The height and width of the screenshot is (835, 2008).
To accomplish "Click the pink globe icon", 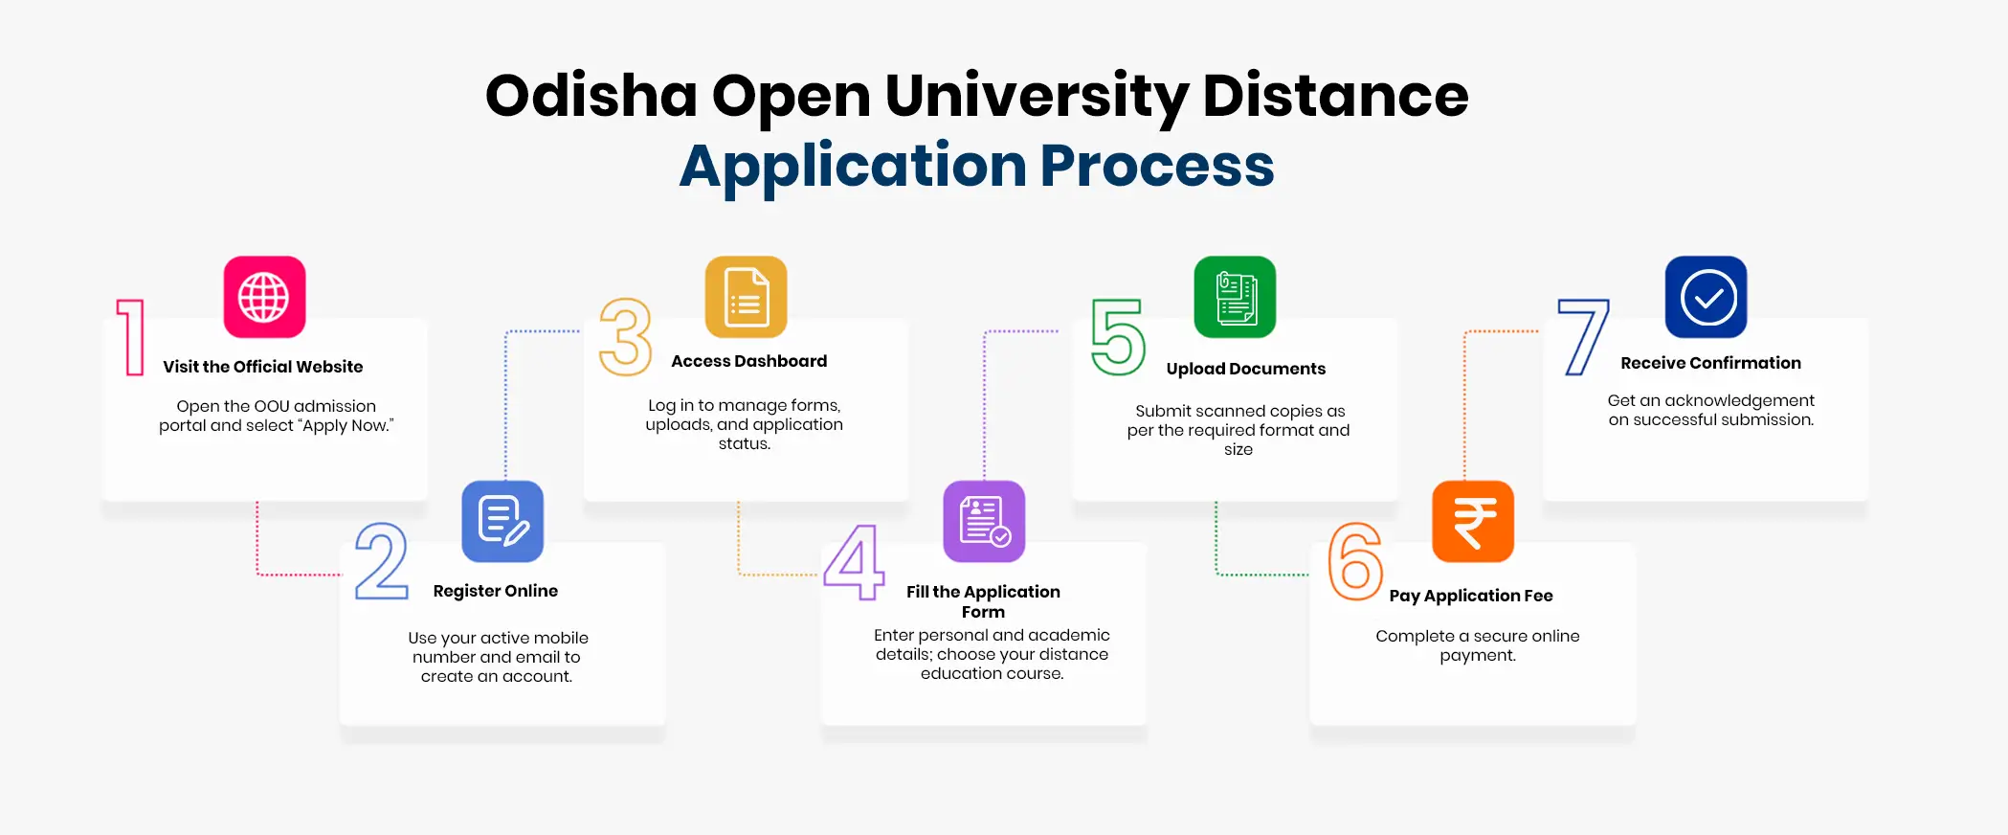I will click(x=264, y=297).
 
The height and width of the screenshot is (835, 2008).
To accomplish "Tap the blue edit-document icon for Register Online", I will click(x=502, y=521).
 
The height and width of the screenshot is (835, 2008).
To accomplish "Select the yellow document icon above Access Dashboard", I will click(x=746, y=297).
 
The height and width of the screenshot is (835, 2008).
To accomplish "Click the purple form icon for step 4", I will click(x=984, y=521).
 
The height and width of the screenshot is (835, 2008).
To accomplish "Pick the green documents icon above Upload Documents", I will click(x=1235, y=297).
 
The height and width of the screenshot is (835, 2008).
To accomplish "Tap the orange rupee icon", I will click(x=1473, y=521).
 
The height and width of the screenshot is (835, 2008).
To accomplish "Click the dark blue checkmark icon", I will click(x=1706, y=297).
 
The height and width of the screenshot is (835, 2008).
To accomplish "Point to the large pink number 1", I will click(x=132, y=337).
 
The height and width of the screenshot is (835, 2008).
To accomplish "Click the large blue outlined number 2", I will click(x=382, y=561).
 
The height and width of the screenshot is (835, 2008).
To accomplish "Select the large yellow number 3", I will click(x=625, y=337).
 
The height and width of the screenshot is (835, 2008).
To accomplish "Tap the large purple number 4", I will click(x=854, y=562).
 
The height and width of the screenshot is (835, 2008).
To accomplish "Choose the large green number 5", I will click(x=1118, y=337).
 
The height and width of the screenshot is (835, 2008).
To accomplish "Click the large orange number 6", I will click(x=1355, y=561).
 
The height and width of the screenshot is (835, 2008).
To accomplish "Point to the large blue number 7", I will click(x=1583, y=337).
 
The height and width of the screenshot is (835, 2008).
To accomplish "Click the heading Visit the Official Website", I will click(x=263, y=367).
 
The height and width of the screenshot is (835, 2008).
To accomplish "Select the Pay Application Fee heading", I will click(x=1471, y=596).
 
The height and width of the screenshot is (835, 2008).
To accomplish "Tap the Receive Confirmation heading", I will click(x=1710, y=363).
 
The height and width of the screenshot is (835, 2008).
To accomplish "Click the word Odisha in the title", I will click(x=591, y=96).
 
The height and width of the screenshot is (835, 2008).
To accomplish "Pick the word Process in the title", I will click(x=1157, y=166).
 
